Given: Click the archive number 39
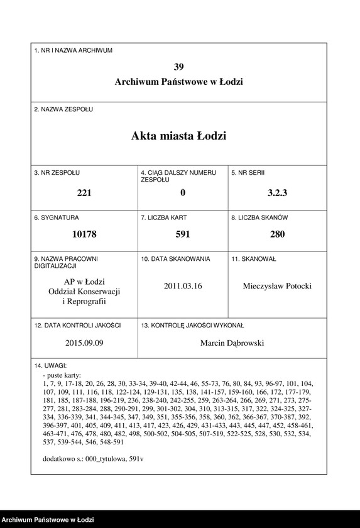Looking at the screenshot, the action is pos(179,67).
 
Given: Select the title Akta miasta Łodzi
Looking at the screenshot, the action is pos(179,136).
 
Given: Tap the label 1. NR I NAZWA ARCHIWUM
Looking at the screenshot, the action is pos(73,50).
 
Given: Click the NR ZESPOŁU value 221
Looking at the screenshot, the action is pos(84,193).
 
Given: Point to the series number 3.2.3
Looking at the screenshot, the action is pos(277,193).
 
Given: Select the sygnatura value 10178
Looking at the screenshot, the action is pos(84,235).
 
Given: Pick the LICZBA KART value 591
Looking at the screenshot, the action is pos(183,235).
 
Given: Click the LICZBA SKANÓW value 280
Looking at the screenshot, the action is pos(277,235).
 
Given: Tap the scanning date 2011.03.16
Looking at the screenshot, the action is pos(183,286).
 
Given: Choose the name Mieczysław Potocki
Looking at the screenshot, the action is pos(277,286).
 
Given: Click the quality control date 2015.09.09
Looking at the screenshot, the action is pos(84,343).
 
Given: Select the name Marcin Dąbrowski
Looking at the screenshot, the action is pos(232,343).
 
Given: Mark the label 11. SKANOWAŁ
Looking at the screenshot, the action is pos(254,259).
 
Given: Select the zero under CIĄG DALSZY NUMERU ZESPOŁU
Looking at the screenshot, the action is pos(183,193).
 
